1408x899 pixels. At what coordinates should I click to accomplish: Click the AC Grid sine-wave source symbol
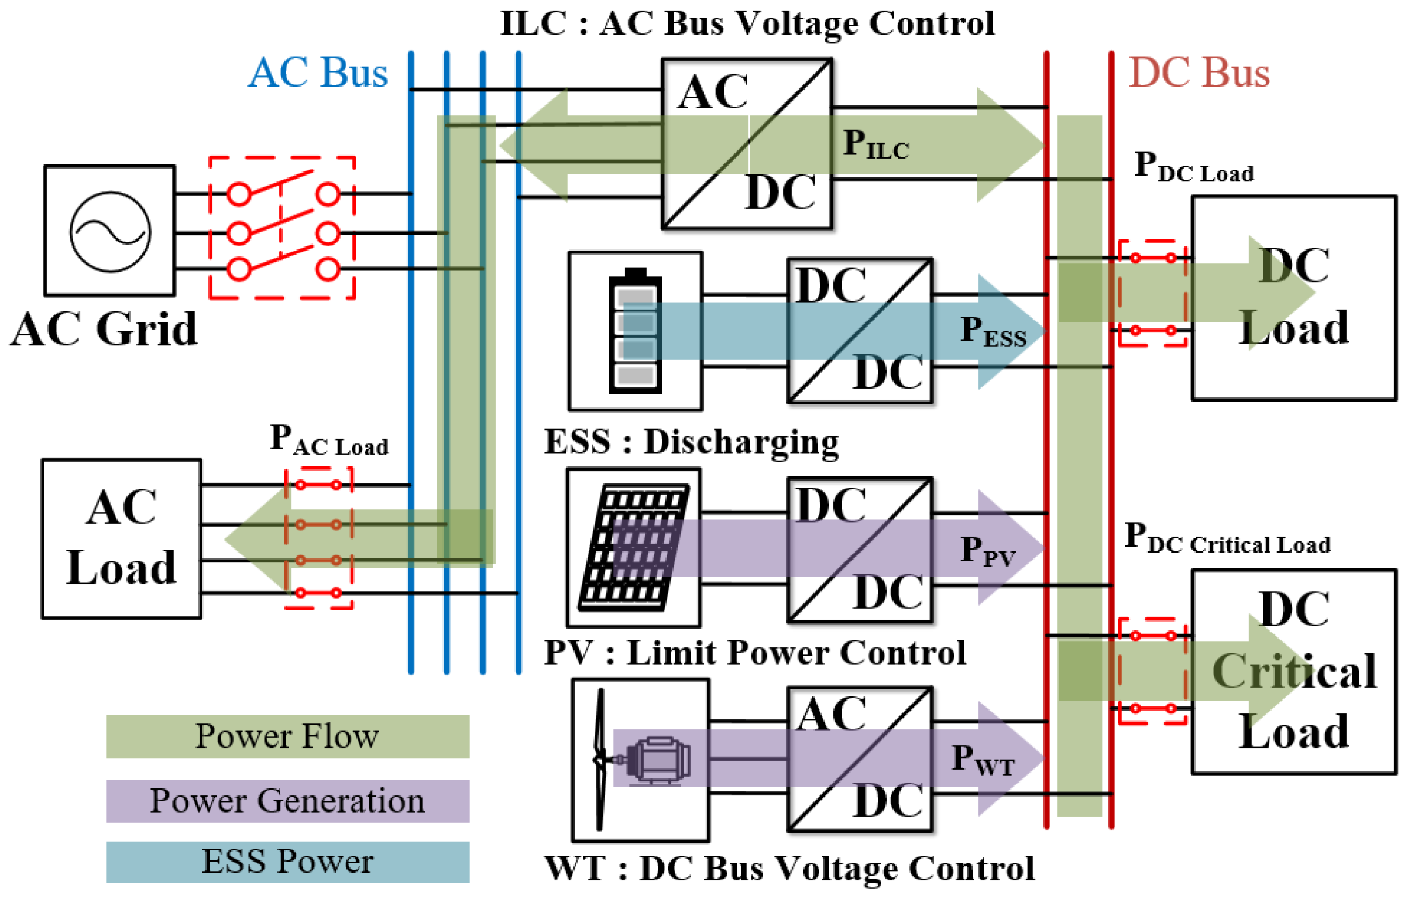point(110,232)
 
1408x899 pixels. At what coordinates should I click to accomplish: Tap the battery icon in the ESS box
point(636,331)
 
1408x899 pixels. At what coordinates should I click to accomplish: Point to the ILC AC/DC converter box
point(747,143)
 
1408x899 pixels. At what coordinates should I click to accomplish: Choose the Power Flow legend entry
point(287,736)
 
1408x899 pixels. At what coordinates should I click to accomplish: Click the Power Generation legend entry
point(287,801)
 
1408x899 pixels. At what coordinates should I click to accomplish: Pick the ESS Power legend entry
point(287,862)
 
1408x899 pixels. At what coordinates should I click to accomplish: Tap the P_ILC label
point(875,144)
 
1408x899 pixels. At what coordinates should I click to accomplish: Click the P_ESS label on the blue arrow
point(993,331)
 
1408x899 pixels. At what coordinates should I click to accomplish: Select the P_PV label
point(988,551)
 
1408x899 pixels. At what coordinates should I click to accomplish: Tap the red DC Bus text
point(1199,73)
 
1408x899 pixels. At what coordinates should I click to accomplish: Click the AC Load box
point(122,538)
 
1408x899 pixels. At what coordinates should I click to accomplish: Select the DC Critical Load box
point(1294,672)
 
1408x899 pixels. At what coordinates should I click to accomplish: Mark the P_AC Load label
point(329,440)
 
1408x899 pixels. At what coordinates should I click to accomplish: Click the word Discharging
point(741,442)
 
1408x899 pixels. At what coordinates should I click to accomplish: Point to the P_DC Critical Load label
point(1227,538)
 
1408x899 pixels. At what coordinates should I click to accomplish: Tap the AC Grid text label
point(104,329)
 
